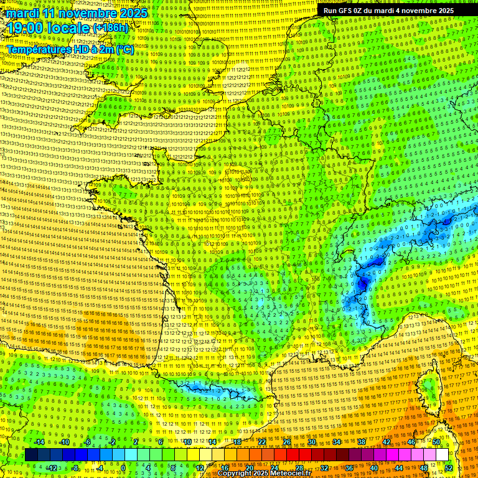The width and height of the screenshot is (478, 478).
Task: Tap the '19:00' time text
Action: pos(24,28)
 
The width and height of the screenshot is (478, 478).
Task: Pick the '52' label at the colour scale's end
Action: pos(449,467)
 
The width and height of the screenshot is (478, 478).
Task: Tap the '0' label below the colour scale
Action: pos(123,467)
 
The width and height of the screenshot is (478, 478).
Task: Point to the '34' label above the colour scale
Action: pos(337,442)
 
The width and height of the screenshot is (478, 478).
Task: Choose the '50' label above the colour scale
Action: pos(436,442)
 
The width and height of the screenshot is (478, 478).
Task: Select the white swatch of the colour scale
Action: pos(442,455)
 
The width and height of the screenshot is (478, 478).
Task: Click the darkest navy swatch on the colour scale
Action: pos(31,455)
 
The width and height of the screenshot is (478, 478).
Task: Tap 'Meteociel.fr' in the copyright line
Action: pos(291,474)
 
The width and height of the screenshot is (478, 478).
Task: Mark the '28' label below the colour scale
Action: pos(299,467)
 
